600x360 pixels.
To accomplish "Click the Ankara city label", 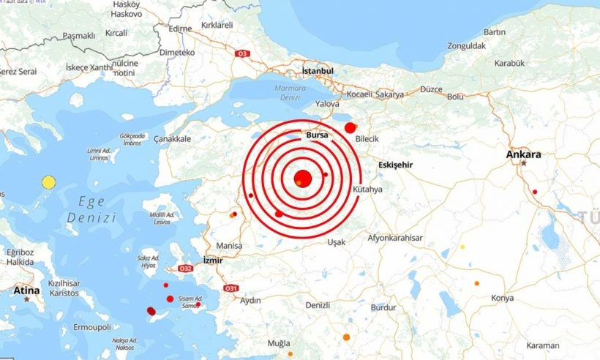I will [523, 154].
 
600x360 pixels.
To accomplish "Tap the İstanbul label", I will [318, 71].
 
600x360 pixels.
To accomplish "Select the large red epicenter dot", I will [303, 179].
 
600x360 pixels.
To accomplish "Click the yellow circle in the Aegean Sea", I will [49, 182].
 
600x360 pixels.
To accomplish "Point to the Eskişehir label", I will [396, 165].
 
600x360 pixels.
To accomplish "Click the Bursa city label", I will [318, 135].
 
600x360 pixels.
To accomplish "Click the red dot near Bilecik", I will [350, 127].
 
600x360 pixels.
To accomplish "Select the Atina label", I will [26, 290].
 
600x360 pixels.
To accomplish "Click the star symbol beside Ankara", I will [524, 164].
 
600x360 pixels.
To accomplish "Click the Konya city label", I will [502, 298].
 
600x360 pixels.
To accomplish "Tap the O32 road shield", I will [186, 269].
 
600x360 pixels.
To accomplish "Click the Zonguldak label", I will [466, 45].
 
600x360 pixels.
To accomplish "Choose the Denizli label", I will [318, 304].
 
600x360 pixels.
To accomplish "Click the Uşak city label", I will [337, 242].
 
